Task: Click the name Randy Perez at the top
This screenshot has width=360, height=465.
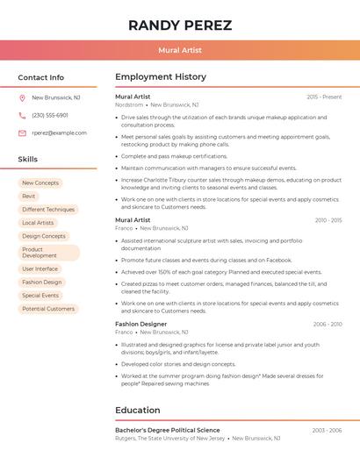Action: point(180,25)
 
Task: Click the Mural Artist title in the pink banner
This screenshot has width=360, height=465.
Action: point(180,50)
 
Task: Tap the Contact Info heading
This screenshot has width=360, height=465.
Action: point(40,77)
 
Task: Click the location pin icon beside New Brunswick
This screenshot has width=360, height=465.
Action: point(22,98)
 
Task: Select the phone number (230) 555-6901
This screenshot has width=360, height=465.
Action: point(50,115)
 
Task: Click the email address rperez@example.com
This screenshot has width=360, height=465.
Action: point(59,132)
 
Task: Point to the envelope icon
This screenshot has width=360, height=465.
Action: point(22,132)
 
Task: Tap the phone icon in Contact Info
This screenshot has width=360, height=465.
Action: point(22,115)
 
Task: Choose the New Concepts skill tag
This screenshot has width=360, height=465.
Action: point(40,182)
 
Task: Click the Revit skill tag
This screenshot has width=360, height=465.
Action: point(29,197)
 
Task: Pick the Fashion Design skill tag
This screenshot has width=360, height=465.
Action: point(42,283)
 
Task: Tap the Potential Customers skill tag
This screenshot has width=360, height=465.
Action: point(48,309)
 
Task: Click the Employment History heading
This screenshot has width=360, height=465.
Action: point(161,77)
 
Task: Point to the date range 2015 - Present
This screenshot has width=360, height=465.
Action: point(324,97)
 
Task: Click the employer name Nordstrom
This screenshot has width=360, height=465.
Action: point(129,104)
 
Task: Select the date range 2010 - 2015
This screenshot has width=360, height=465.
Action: point(328,220)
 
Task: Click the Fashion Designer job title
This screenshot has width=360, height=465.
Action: point(140,324)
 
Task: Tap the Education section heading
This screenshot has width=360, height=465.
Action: point(138,410)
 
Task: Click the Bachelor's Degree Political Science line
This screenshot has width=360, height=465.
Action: point(168,430)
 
